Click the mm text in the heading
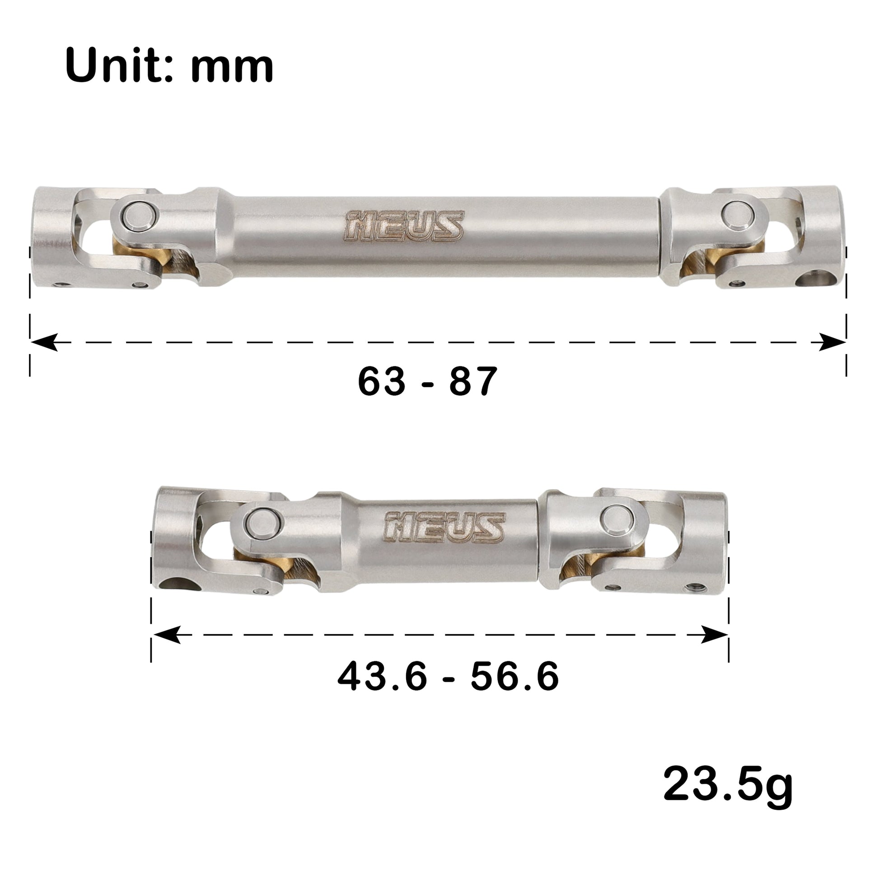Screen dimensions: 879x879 (232, 68)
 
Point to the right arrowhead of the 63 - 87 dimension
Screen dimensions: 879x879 (832, 342)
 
